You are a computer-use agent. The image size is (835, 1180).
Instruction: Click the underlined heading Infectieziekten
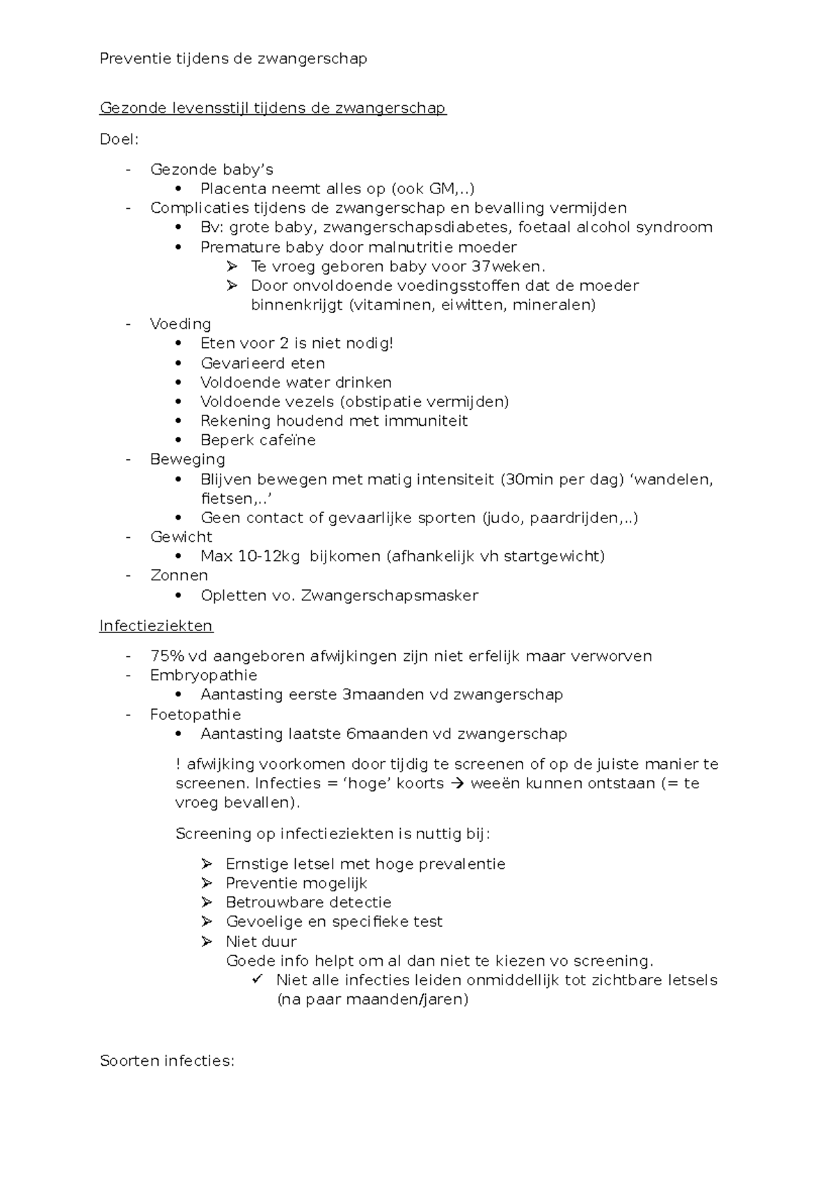coord(156,625)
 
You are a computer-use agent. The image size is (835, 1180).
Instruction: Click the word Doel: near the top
coord(119,139)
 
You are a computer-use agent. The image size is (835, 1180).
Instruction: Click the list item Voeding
coord(180,324)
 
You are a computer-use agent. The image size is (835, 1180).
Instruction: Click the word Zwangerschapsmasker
coord(390,596)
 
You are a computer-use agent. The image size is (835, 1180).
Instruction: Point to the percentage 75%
coord(165,656)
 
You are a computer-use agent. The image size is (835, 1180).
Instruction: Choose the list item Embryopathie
coord(203,675)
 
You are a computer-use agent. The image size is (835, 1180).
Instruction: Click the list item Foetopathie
coord(196,715)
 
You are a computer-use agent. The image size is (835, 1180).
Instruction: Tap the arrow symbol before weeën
coord(456,783)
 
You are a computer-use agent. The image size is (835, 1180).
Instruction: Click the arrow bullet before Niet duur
coord(207,941)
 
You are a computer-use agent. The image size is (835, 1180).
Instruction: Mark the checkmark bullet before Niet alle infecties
coord(257,980)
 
